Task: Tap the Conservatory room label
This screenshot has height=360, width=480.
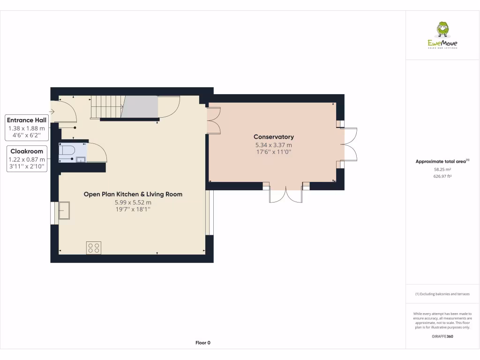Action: (274, 137)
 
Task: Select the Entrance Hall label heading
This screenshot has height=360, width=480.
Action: (27, 120)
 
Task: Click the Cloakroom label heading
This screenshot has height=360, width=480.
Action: (27, 151)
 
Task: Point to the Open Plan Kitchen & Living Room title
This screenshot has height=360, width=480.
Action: (133, 194)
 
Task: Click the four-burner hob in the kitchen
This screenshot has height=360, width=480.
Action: (93, 247)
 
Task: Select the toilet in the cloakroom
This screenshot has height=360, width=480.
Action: (67, 150)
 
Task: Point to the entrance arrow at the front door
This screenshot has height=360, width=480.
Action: (52, 112)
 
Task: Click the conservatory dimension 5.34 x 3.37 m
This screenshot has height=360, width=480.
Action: (274, 145)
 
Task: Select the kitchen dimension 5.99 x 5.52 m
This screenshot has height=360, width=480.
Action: (133, 202)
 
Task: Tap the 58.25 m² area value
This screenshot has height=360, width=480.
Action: (442, 170)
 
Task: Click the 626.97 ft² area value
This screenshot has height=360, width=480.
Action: (442, 176)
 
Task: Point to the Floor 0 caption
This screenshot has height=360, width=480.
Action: (202, 343)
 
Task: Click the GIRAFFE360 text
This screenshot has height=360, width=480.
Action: (442, 336)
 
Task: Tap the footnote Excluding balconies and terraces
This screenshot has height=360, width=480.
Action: (442, 294)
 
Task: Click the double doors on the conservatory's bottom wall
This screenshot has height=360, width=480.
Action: (286, 193)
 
